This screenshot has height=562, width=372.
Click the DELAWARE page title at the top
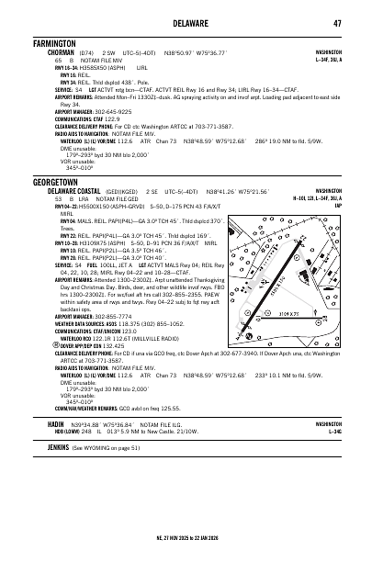[186, 23]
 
